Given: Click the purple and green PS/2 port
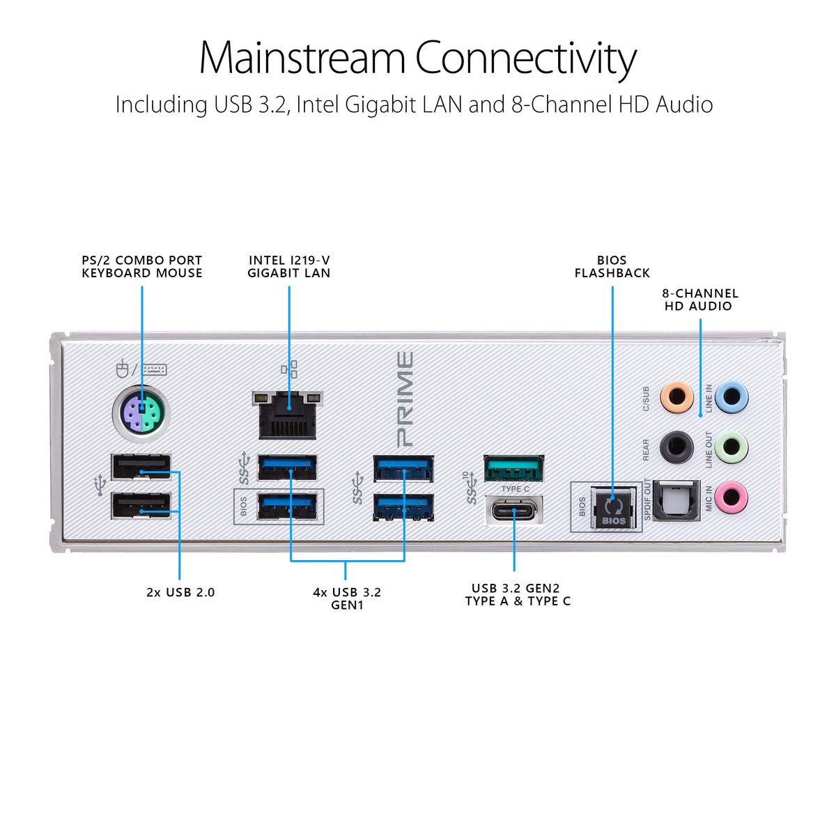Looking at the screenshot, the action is coord(141,413).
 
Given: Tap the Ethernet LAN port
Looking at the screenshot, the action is coord(288,415).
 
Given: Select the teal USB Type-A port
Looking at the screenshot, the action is coord(513,468).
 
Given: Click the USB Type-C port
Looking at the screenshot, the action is coord(513,511).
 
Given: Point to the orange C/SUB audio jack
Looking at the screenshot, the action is coord(676,397).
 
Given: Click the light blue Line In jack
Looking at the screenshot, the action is coord(731,397).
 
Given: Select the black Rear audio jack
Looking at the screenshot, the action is coord(676,447).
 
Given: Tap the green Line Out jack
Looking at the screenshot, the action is coord(731,447).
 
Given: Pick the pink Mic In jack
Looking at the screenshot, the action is coord(731,497).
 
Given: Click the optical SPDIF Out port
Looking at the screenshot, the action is coord(676,500).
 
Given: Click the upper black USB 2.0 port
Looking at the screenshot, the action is coord(141,467).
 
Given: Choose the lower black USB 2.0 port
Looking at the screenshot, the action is coord(141,505).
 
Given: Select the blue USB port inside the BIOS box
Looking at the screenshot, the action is coord(287,506).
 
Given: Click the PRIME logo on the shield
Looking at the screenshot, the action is coord(405,399).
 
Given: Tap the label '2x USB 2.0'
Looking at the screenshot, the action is coord(180,593).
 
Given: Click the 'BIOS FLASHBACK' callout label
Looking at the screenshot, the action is coord(612,266).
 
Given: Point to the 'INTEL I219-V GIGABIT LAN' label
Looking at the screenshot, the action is coord(289,266).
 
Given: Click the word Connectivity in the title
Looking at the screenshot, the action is coord(526,59).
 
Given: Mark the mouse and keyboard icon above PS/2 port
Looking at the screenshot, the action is coord(141,369).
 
